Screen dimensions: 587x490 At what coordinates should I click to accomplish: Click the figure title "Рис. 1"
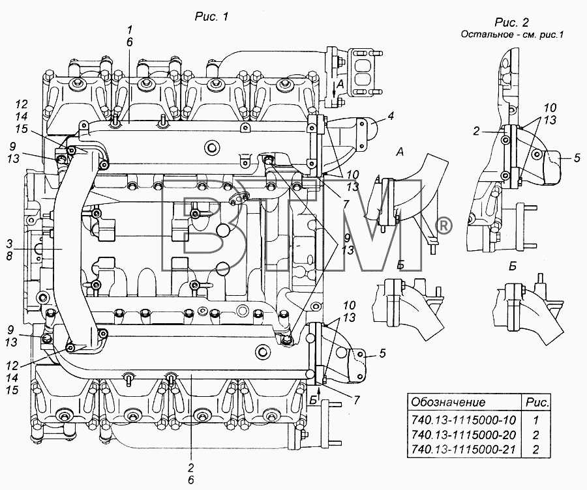(x=211, y=17)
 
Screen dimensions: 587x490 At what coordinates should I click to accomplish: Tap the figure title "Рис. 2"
(x=512, y=22)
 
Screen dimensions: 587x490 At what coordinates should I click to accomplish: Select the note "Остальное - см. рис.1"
(x=512, y=35)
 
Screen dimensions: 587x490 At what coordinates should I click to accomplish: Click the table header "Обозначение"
(x=448, y=402)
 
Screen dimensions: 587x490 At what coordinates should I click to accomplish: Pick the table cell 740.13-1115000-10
(x=464, y=420)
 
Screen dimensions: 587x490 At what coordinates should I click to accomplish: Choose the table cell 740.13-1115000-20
(x=464, y=435)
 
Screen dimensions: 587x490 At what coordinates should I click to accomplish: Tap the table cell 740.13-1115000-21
(x=464, y=449)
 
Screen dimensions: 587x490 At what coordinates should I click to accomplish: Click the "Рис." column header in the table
(x=537, y=402)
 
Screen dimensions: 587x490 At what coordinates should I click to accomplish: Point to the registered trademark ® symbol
(x=444, y=226)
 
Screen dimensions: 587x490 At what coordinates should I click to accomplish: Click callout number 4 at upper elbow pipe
(x=391, y=116)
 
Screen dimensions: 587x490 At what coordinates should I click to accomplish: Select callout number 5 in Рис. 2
(x=577, y=158)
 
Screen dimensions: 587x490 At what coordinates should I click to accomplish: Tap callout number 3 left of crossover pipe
(x=9, y=244)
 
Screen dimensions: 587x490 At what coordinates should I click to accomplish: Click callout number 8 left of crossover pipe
(x=9, y=256)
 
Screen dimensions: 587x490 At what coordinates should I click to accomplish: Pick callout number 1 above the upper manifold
(x=129, y=30)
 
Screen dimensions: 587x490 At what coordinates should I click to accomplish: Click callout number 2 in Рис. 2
(x=476, y=131)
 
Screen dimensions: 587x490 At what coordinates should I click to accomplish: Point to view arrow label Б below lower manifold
(x=313, y=401)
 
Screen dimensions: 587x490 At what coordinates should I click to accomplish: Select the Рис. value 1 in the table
(x=535, y=420)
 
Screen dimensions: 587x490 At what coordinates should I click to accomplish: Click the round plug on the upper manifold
(x=212, y=147)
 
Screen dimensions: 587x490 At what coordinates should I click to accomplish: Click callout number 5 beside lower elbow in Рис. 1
(x=382, y=353)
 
